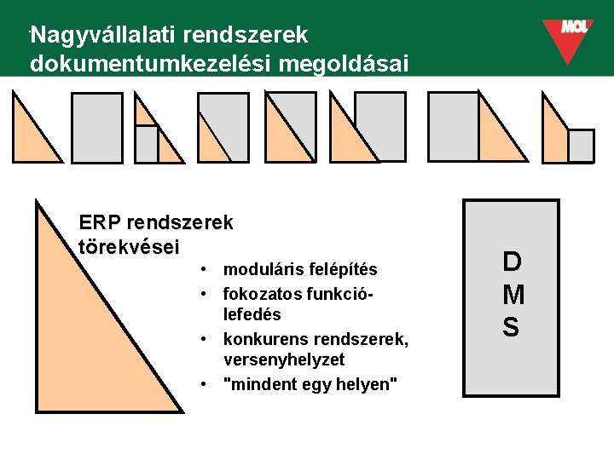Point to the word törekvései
pyautogui.click(x=129, y=247)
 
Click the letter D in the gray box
pyautogui.click(x=511, y=262)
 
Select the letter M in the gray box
pyautogui.click(x=513, y=295)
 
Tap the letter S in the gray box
pyautogui.click(x=511, y=327)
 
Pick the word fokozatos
pyautogui.click(x=260, y=293)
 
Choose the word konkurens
pyautogui.click(x=262, y=339)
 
